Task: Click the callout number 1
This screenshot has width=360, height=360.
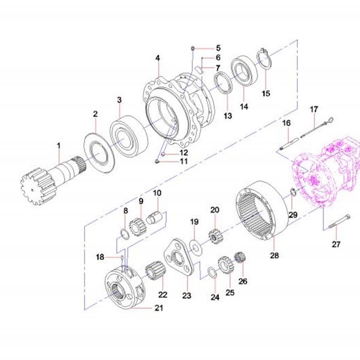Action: point(59,146)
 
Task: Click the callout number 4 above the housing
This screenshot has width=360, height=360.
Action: point(158,58)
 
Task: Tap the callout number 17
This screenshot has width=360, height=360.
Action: point(314,109)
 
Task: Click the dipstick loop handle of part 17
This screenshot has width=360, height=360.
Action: point(331,119)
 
